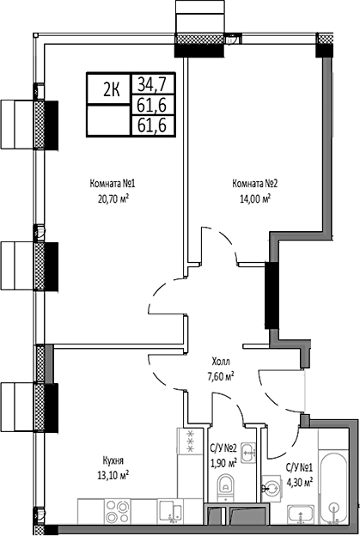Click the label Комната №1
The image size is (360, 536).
[113, 183]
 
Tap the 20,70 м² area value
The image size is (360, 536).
[113, 197]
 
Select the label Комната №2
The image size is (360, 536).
[254, 183]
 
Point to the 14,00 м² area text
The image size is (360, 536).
[254, 197]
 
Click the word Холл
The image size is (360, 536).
[222, 362]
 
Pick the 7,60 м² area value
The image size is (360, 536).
[222, 375]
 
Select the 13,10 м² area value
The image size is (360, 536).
[113, 473]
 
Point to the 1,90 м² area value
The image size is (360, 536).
[223, 461]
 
